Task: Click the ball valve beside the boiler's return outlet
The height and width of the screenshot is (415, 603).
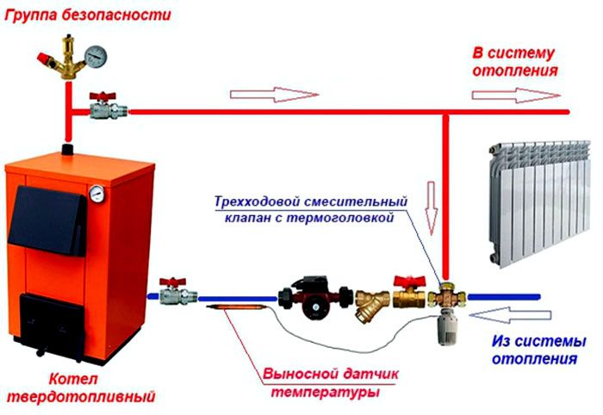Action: (x=177, y=293)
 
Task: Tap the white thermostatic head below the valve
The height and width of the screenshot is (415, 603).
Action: (x=448, y=324)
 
